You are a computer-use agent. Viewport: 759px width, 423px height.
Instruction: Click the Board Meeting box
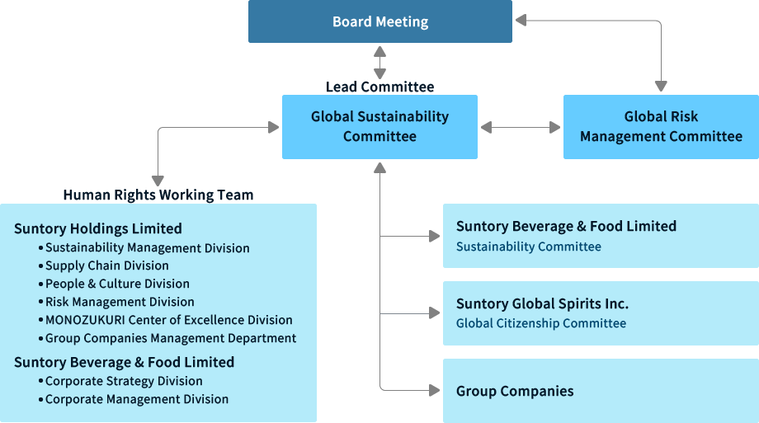pyautogui.click(x=380, y=22)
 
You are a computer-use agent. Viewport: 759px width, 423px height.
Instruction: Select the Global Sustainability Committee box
pyautogui.click(x=379, y=127)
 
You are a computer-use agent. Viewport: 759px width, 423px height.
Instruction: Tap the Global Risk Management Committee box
pyautogui.click(x=661, y=127)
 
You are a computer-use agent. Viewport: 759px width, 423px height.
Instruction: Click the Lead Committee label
pyautogui.click(x=379, y=87)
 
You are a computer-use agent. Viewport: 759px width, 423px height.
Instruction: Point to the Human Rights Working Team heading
pyautogui.click(x=158, y=195)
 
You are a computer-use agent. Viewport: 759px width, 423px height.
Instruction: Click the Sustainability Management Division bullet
pyautogui.click(x=147, y=247)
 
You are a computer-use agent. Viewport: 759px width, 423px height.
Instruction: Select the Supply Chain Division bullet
pyautogui.click(x=107, y=266)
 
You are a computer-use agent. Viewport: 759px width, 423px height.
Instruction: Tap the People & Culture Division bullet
pyautogui.click(x=117, y=284)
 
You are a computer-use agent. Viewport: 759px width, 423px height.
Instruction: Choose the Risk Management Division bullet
pyautogui.click(x=120, y=302)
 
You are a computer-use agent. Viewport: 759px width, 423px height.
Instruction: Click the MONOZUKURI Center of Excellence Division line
pyautogui.click(x=168, y=320)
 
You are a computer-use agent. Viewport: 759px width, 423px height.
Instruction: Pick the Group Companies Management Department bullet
pyautogui.click(x=171, y=338)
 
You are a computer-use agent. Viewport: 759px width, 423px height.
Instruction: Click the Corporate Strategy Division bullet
pyautogui.click(x=124, y=381)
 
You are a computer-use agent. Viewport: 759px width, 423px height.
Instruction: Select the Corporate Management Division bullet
pyautogui.click(x=137, y=399)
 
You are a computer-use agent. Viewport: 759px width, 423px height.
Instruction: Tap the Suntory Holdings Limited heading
pyautogui.click(x=98, y=229)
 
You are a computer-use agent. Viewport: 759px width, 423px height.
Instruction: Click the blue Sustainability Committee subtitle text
pyautogui.click(x=529, y=247)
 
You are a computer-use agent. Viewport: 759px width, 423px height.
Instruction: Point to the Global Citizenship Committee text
pyautogui.click(x=541, y=323)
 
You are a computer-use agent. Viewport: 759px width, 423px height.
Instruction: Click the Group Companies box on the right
pyautogui.click(x=601, y=391)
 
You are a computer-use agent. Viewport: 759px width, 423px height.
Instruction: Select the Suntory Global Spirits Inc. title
pyautogui.click(x=542, y=303)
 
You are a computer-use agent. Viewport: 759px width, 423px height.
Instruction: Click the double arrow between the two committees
pyautogui.click(x=521, y=128)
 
